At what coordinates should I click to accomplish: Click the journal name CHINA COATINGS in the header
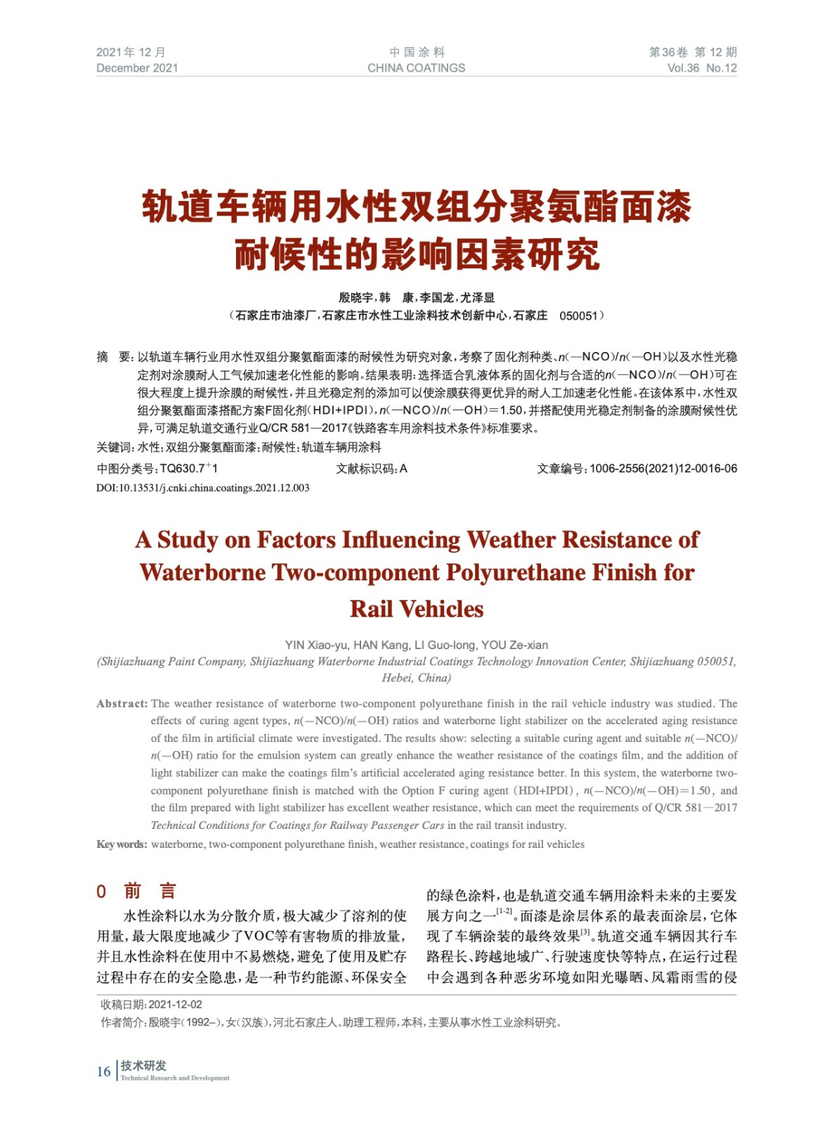tap(416, 68)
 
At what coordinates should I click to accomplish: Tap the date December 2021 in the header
tap(137, 68)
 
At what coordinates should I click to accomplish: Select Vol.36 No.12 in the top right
tap(701, 68)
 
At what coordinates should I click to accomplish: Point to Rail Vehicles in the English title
tap(417, 608)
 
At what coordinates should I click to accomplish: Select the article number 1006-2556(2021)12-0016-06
tap(663, 469)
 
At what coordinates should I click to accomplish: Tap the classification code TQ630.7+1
tap(189, 469)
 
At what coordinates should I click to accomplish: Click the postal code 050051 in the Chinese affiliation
tap(578, 316)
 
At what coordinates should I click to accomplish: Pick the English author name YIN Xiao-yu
tap(315, 645)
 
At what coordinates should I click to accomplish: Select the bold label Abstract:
tap(122, 703)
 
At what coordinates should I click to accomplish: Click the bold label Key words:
tap(122, 844)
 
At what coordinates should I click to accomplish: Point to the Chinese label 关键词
tap(114, 447)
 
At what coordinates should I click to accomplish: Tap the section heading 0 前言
tap(136, 891)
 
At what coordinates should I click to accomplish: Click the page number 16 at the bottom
tap(103, 1071)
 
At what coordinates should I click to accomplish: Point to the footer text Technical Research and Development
tap(175, 1078)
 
